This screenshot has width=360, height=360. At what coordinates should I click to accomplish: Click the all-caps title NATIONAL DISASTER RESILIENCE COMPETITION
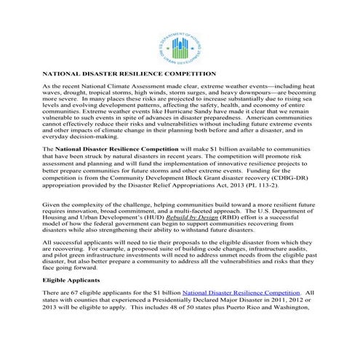(129, 74)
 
